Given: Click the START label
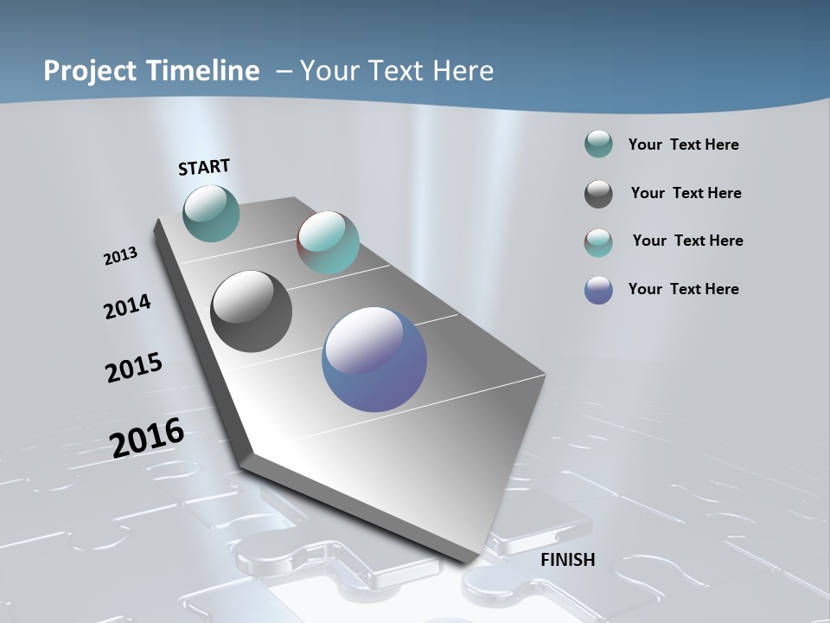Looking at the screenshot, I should pyautogui.click(x=204, y=166).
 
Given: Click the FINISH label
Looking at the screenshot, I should pyautogui.click(x=567, y=560).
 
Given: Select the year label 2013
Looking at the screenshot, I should pyautogui.click(x=120, y=256).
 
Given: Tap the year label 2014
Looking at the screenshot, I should pyautogui.click(x=127, y=306).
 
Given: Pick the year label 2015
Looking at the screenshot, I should pyautogui.click(x=133, y=368).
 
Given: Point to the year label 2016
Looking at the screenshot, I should pyautogui.click(x=147, y=438).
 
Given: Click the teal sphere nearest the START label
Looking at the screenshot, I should pyautogui.click(x=211, y=213).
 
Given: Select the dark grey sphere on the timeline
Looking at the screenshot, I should pyautogui.click(x=251, y=311).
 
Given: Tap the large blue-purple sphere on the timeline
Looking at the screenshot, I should pyautogui.click(x=374, y=359).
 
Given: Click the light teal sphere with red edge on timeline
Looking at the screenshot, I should pyautogui.click(x=328, y=242).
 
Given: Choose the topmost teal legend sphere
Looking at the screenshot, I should pyautogui.click(x=598, y=145).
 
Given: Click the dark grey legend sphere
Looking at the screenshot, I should pyautogui.click(x=598, y=194).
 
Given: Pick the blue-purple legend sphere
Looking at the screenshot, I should pyautogui.click(x=598, y=290).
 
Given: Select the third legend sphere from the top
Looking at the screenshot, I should pyautogui.click(x=598, y=242).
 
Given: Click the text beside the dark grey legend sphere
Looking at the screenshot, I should pyautogui.click(x=686, y=193).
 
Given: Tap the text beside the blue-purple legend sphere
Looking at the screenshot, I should pyautogui.click(x=683, y=289).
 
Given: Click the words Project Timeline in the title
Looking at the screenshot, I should pyautogui.click(x=151, y=71).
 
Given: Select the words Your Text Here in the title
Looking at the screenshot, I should pyautogui.click(x=396, y=71).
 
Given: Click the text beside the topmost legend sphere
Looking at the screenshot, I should pyautogui.click(x=683, y=145).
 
